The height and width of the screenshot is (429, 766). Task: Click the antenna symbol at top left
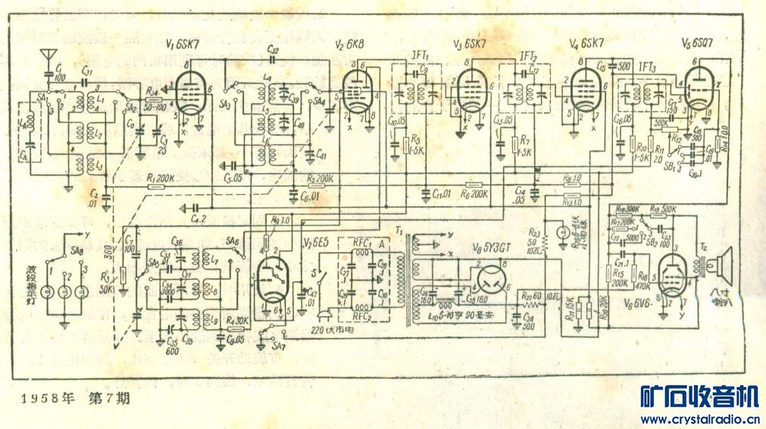[48, 55]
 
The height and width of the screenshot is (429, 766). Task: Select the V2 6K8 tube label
[350, 45]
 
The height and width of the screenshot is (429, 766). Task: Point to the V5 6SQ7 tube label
[696, 43]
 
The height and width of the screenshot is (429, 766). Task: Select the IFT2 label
[529, 55]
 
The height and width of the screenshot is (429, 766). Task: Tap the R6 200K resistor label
[474, 194]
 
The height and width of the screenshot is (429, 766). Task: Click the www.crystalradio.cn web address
[700, 419]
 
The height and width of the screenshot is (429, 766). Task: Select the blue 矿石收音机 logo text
[699, 397]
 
